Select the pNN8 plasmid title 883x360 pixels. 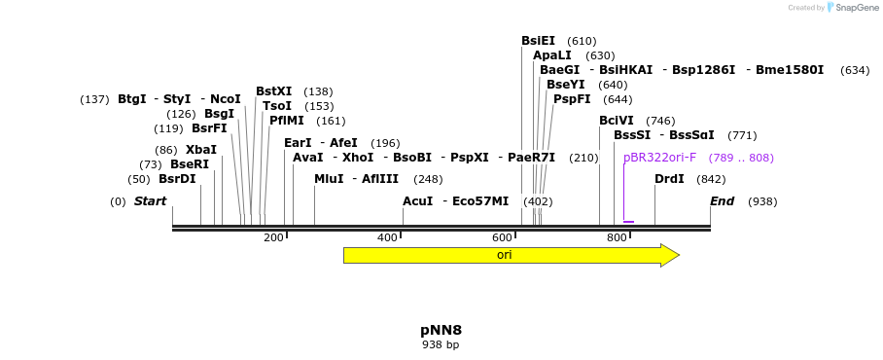(x=441, y=330)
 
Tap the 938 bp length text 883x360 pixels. (x=441, y=344)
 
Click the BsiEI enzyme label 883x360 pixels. (x=538, y=41)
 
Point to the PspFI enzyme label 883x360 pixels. (x=572, y=99)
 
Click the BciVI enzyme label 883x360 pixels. (x=617, y=121)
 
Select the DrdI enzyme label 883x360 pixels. (x=669, y=179)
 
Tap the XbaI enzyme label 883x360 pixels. (x=201, y=150)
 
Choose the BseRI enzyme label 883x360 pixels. (x=190, y=164)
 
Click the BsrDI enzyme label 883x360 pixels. (x=177, y=179)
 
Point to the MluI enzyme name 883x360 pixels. (x=328, y=179)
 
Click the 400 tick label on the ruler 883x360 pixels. (x=387, y=238)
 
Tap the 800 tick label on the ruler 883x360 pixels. (x=617, y=238)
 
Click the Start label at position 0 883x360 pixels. (x=151, y=201)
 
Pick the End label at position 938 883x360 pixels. (x=722, y=201)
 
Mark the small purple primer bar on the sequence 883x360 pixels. (x=628, y=222)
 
